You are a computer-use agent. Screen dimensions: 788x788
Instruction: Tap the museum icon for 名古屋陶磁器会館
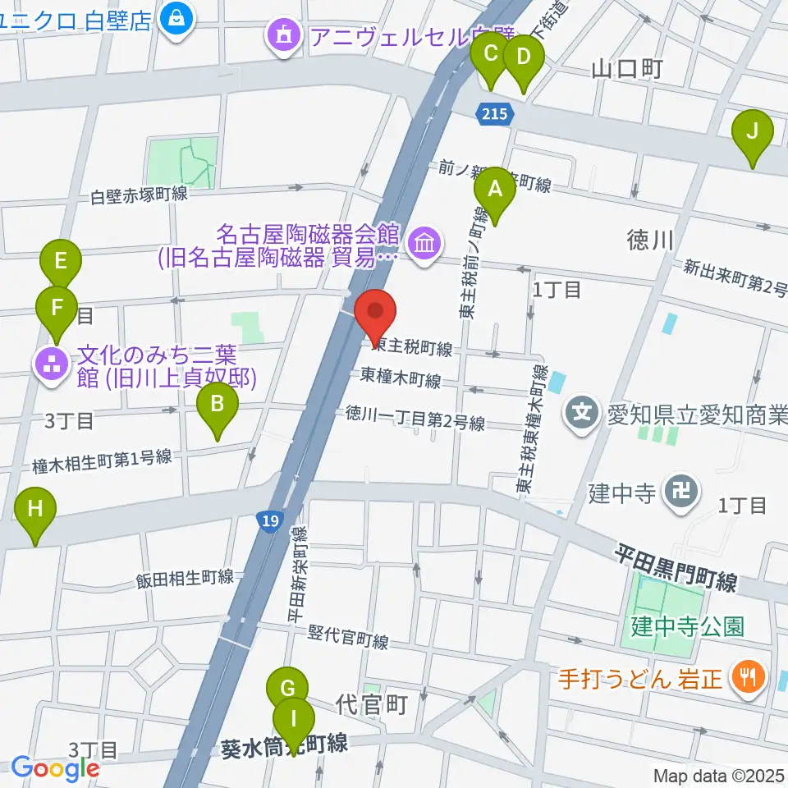(x=425, y=244)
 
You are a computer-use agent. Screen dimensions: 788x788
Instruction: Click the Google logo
(x=56, y=768)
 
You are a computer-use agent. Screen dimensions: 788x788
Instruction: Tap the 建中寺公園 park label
(x=687, y=627)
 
